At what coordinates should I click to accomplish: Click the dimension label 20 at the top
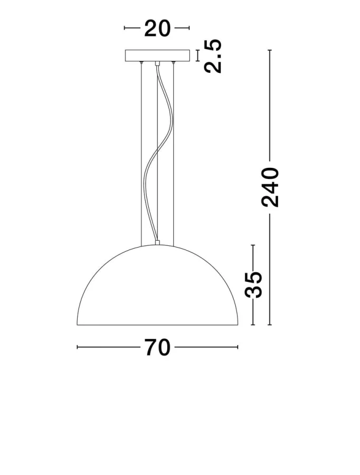[157, 28]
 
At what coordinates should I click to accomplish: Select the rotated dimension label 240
[270, 187]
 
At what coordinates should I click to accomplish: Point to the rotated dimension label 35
[253, 285]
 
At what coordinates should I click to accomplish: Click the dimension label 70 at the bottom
[157, 347]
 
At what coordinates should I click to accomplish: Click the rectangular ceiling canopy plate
[157, 56]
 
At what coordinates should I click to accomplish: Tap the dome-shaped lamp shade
[157, 285]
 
